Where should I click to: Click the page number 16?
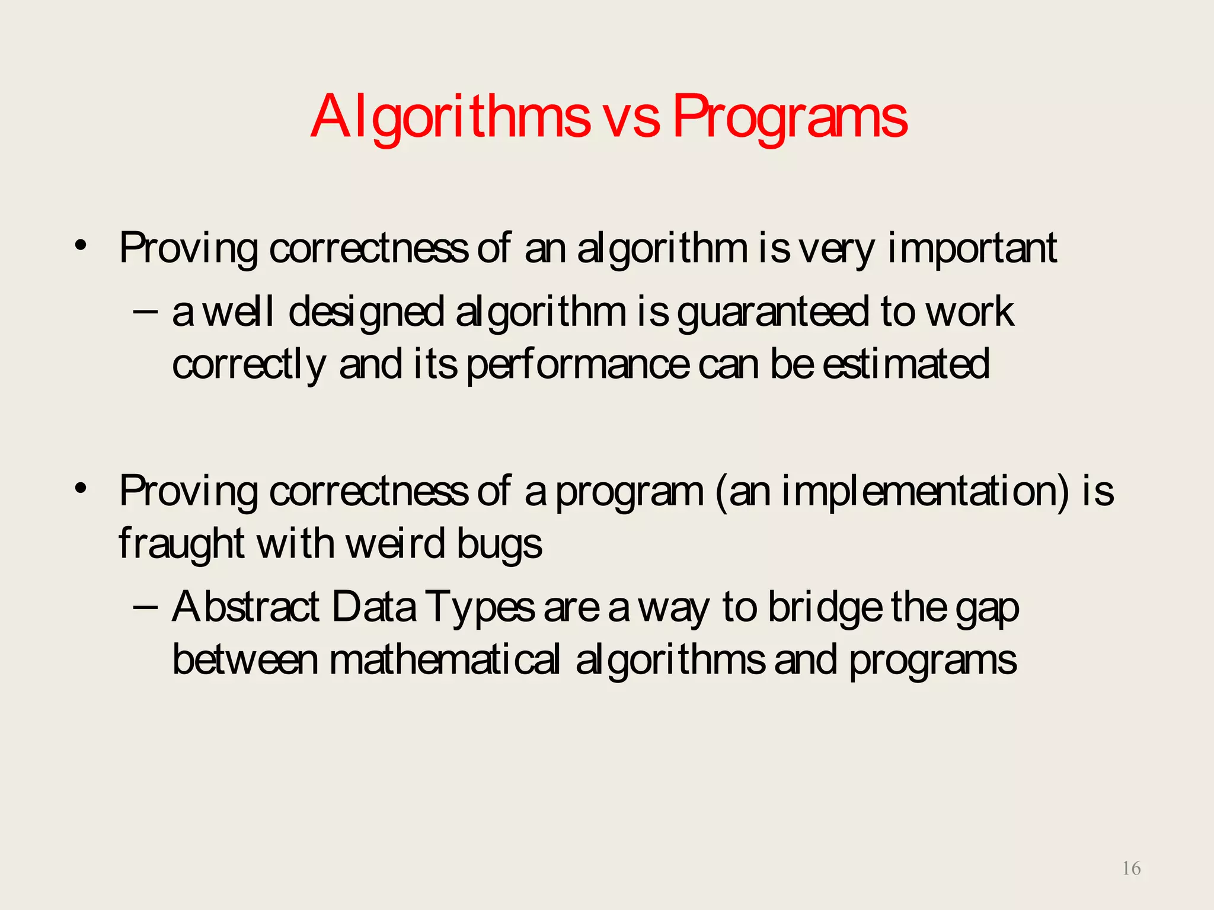tap(1131, 869)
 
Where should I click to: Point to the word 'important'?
tap(972, 249)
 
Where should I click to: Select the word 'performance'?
tap(578, 365)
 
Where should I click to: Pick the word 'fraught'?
tap(181, 544)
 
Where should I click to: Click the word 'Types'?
tap(480, 608)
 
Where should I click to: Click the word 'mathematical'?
tap(445, 660)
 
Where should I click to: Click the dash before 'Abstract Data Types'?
tap(146, 607)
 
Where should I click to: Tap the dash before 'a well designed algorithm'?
tap(146, 311)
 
